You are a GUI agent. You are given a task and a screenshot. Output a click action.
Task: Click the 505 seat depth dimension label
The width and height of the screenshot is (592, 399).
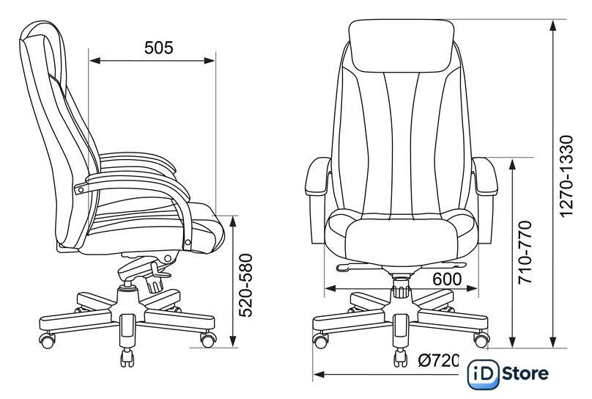click(158, 48)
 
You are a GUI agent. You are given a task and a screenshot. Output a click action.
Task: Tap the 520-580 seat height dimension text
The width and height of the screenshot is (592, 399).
click(245, 285)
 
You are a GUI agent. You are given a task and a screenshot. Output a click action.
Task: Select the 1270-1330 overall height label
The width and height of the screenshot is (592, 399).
click(566, 176)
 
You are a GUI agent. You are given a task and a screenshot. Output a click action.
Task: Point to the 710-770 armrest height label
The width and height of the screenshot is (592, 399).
click(525, 252)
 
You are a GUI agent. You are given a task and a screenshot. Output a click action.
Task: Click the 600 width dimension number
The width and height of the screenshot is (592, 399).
click(447, 279)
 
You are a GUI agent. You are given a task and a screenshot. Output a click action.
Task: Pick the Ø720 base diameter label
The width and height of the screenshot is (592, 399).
click(438, 360)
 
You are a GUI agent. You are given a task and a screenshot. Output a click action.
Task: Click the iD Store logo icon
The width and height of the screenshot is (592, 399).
click(483, 374)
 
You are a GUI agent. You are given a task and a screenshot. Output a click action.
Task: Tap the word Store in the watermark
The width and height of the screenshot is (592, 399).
click(525, 373)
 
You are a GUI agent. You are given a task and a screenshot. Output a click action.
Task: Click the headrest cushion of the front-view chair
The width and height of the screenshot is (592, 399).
click(402, 45)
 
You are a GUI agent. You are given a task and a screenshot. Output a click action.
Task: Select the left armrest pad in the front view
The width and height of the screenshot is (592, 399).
click(317, 177)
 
